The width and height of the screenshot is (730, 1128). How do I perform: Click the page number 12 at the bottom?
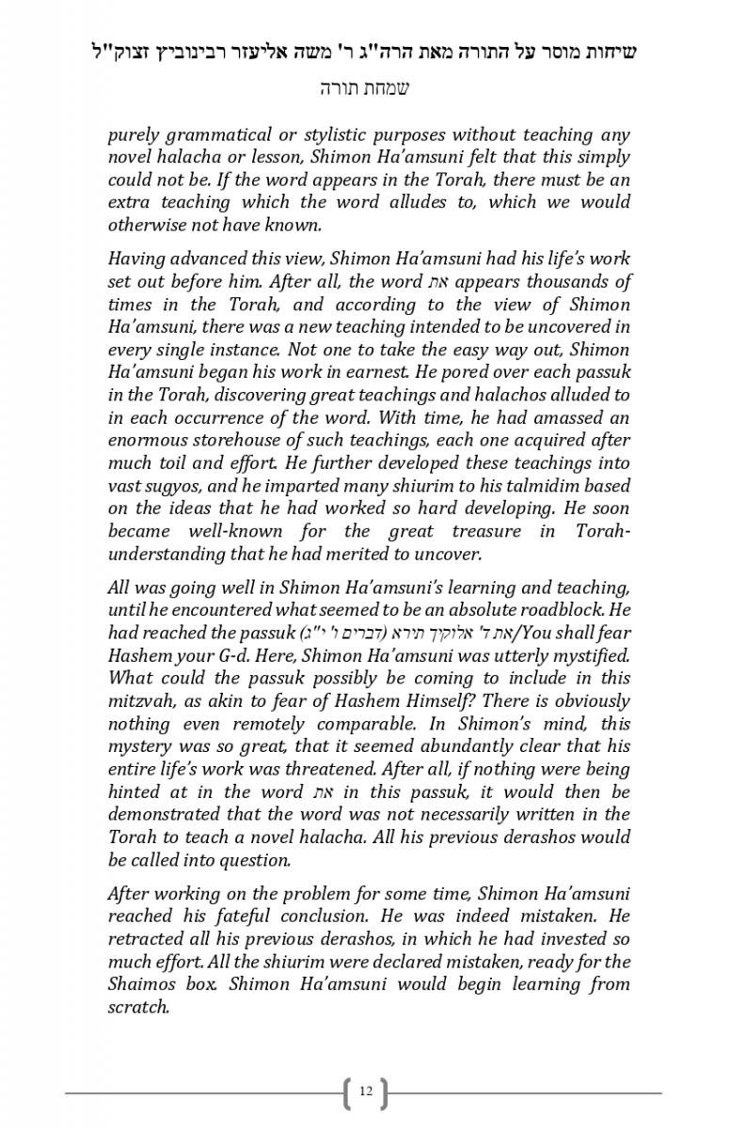click(x=365, y=1091)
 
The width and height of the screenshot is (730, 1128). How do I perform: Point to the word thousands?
click(x=568, y=281)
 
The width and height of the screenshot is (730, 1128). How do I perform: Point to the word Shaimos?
click(x=142, y=984)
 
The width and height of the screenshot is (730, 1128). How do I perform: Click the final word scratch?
click(x=137, y=1007)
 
